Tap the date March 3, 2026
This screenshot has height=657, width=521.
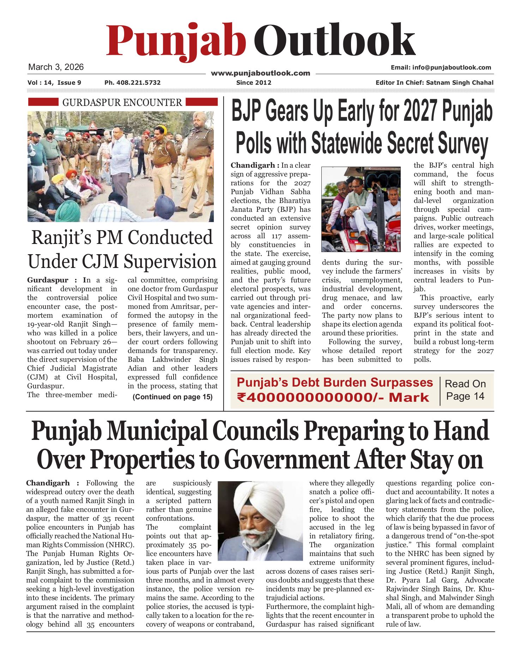[56, 67]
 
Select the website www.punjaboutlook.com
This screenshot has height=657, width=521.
[260, 73]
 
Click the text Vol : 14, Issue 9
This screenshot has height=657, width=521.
[54, 83]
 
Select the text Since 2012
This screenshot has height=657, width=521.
[254, 83]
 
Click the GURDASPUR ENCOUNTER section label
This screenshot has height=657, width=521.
[122, 102]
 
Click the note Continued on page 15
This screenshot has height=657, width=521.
[172, 397]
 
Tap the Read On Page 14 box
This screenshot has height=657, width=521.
[465, 390]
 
